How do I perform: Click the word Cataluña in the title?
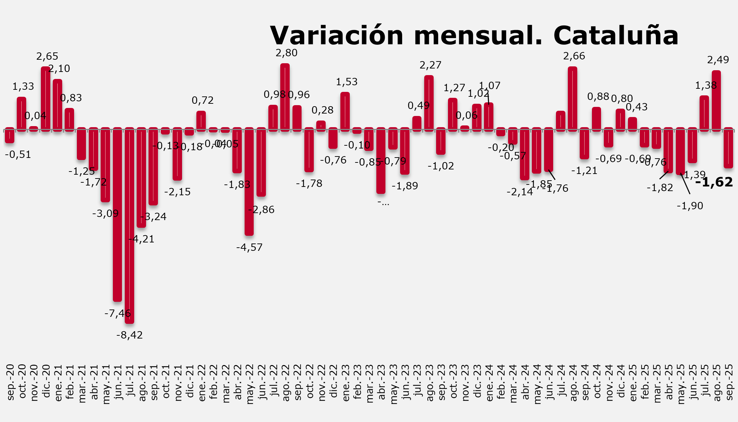click(x=616, y=36)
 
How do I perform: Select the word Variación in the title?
click(x=337, y=36)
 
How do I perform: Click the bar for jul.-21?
click(x=129, y=225)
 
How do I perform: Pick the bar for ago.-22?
click(x=285, y=97)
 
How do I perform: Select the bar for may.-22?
click(x=249, y=181)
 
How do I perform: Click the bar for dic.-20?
click(x=45, y=99)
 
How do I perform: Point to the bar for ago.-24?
click(x=572, y=99)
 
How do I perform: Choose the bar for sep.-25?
click(x=728, y=148)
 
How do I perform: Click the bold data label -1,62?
click(x=714, y=182)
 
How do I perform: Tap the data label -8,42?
click(x=130, y=335)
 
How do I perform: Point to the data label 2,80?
click(x=287, y=53)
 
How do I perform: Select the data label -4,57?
click(x=249, y=248)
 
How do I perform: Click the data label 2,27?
click(x=430, y=65)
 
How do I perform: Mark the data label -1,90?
click(x=690, y=206)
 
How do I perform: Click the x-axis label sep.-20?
click(x=10, y=383)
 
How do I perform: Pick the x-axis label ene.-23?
click(x=346, y=383)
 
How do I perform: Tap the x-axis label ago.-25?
click(x=717, y=383)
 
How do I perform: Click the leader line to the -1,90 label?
click(x=685, y=184)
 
